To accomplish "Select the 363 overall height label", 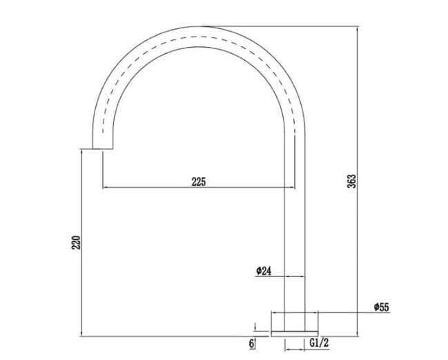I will tap(351, 181).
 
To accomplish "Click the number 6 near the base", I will tap(253, 342).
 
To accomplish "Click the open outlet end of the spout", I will tap(101, 147).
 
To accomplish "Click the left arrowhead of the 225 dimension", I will tap(105, 187).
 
